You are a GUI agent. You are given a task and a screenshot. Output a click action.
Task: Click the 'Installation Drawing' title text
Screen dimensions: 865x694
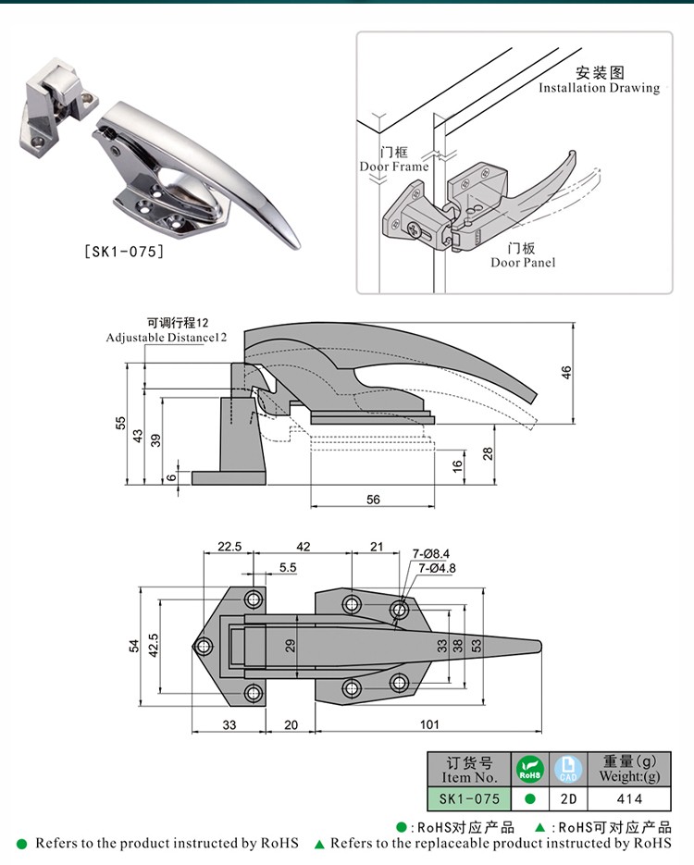[x=599, y=88]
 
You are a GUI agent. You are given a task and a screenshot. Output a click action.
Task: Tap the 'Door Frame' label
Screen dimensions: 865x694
[x=394, y=167]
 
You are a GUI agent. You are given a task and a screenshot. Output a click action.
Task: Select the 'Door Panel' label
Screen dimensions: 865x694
[x=523, y=263]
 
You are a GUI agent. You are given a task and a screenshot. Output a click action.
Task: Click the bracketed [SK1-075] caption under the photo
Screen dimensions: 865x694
[x=123, y=251]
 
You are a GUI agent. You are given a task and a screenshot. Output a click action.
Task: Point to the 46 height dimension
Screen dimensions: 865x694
[x=566, y=371]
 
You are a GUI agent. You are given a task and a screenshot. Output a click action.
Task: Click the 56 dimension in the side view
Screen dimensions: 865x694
[x=373, y=499]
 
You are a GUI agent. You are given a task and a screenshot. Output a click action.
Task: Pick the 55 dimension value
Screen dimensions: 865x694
[x=120, y=423]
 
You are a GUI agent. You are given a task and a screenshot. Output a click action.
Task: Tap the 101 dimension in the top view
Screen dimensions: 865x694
[x=429, y=723]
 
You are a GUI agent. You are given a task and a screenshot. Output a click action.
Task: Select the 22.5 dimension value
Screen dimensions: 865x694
[x=229, y=547]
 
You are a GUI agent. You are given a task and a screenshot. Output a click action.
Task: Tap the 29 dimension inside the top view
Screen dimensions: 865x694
[x=290, y=645]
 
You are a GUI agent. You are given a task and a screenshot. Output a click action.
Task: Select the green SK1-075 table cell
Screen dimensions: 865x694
[x=469, y=798]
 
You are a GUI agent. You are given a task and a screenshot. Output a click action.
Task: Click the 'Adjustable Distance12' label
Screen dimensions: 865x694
[x=167, y=338]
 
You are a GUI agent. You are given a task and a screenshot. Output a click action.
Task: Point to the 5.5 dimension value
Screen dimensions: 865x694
[x=287, y=568]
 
